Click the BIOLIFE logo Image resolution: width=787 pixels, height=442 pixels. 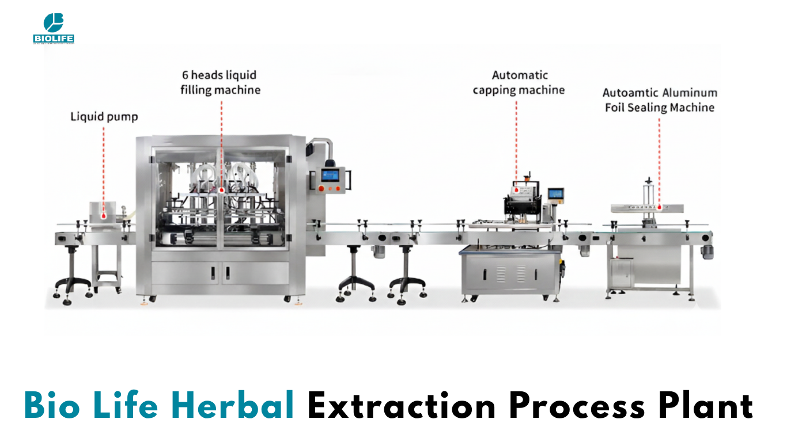(54, 29)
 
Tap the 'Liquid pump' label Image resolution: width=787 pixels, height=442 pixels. (104, 117)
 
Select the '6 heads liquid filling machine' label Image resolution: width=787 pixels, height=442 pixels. (220, 82)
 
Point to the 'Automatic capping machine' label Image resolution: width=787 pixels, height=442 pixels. (519, 82)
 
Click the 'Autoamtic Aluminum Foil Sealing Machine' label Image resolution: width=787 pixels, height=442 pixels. (660, 100)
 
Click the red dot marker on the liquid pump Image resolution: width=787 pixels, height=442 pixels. (104, 216)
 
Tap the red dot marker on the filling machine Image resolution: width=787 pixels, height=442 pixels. (222, 190)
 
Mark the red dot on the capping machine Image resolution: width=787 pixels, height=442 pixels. (516, 190)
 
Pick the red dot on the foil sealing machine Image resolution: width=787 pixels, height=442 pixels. (660, 208)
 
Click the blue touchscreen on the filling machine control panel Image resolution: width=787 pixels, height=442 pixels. (330, 175)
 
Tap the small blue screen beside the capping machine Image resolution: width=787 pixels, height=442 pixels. (556, 193)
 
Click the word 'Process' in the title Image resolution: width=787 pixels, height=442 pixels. (577, 406)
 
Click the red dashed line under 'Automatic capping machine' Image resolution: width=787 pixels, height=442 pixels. (516, 144)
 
